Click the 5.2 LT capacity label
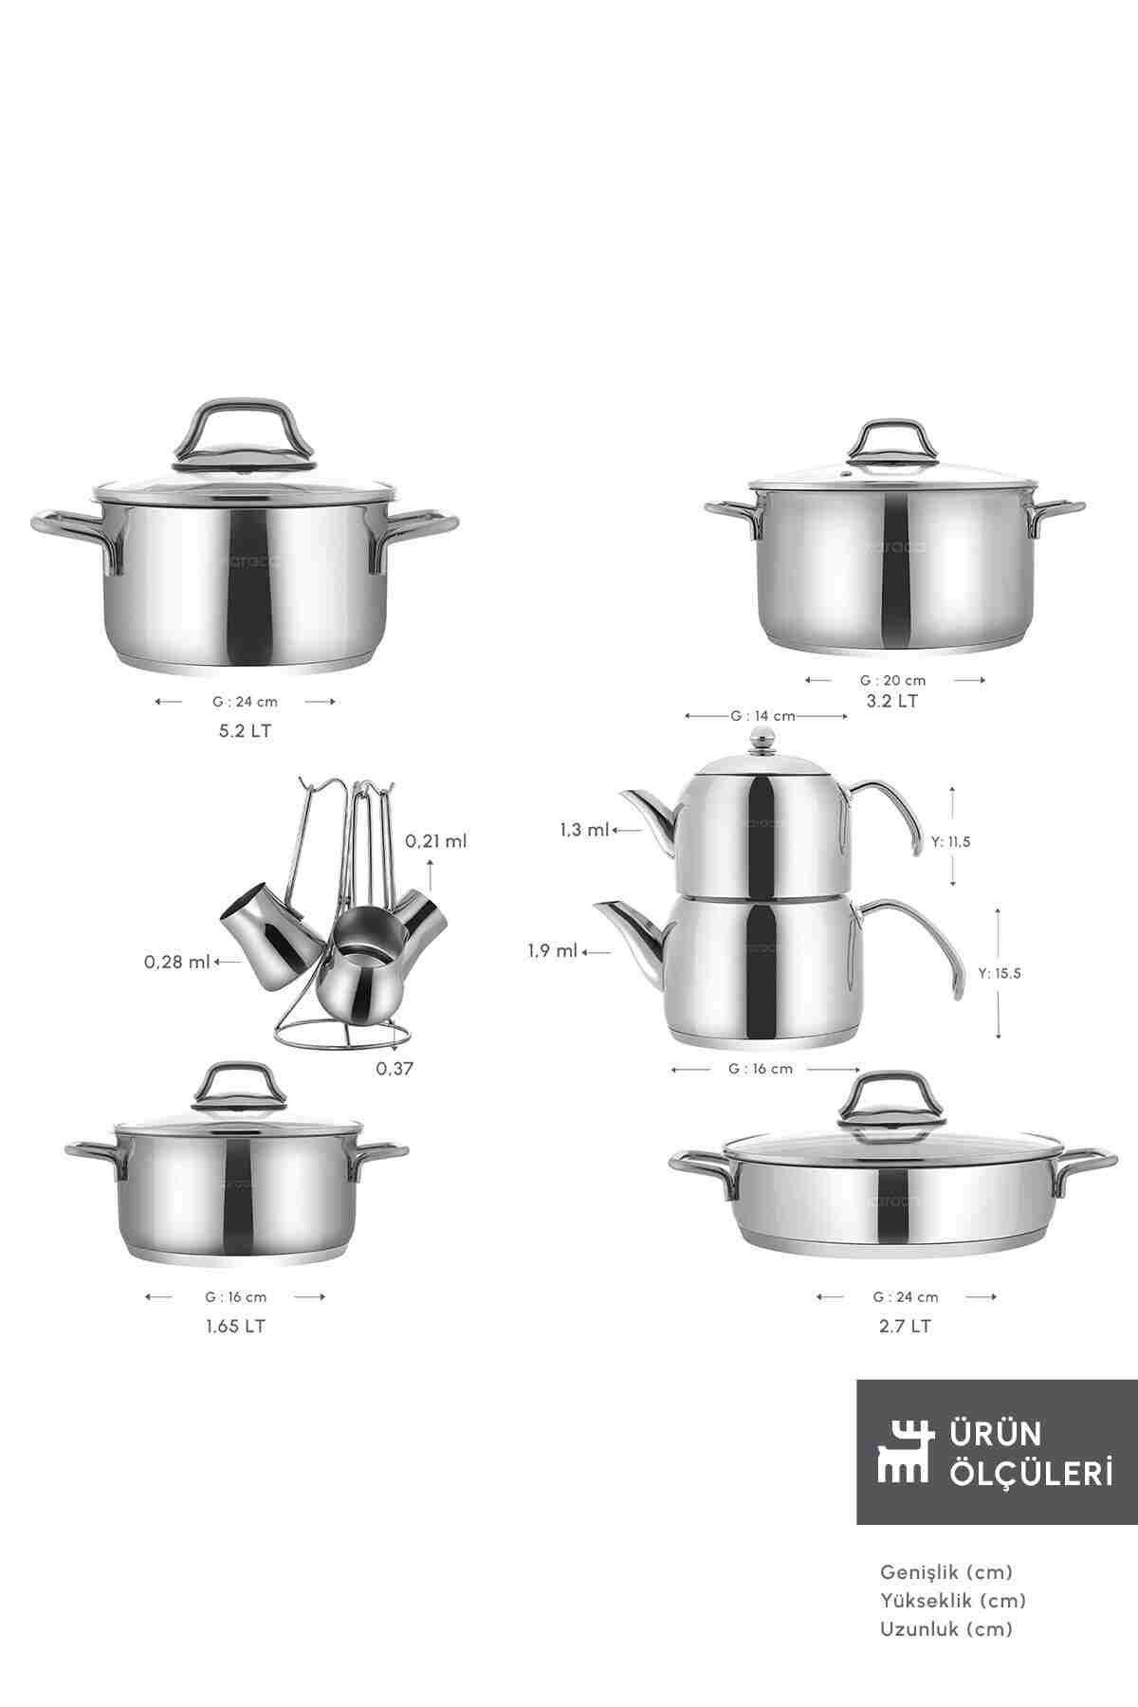pos(245,731)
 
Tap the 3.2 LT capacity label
pos(893,701)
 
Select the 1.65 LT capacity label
pos(236,1326)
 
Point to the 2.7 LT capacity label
pos(905,1326)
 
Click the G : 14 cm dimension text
pos(762,716)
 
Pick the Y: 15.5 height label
pos(1000,972)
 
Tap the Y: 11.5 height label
pos(952,840)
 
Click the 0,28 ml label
pos(177,962)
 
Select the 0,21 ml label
pos(436,840)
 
